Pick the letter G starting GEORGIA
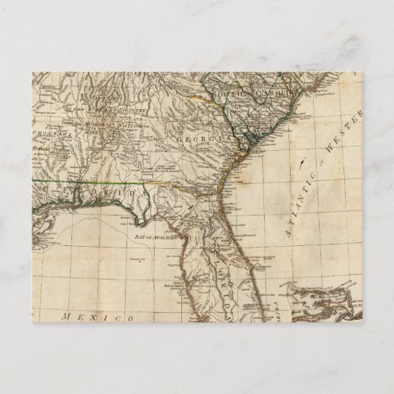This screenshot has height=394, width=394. pyautogui.click(x=181, y=140)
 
